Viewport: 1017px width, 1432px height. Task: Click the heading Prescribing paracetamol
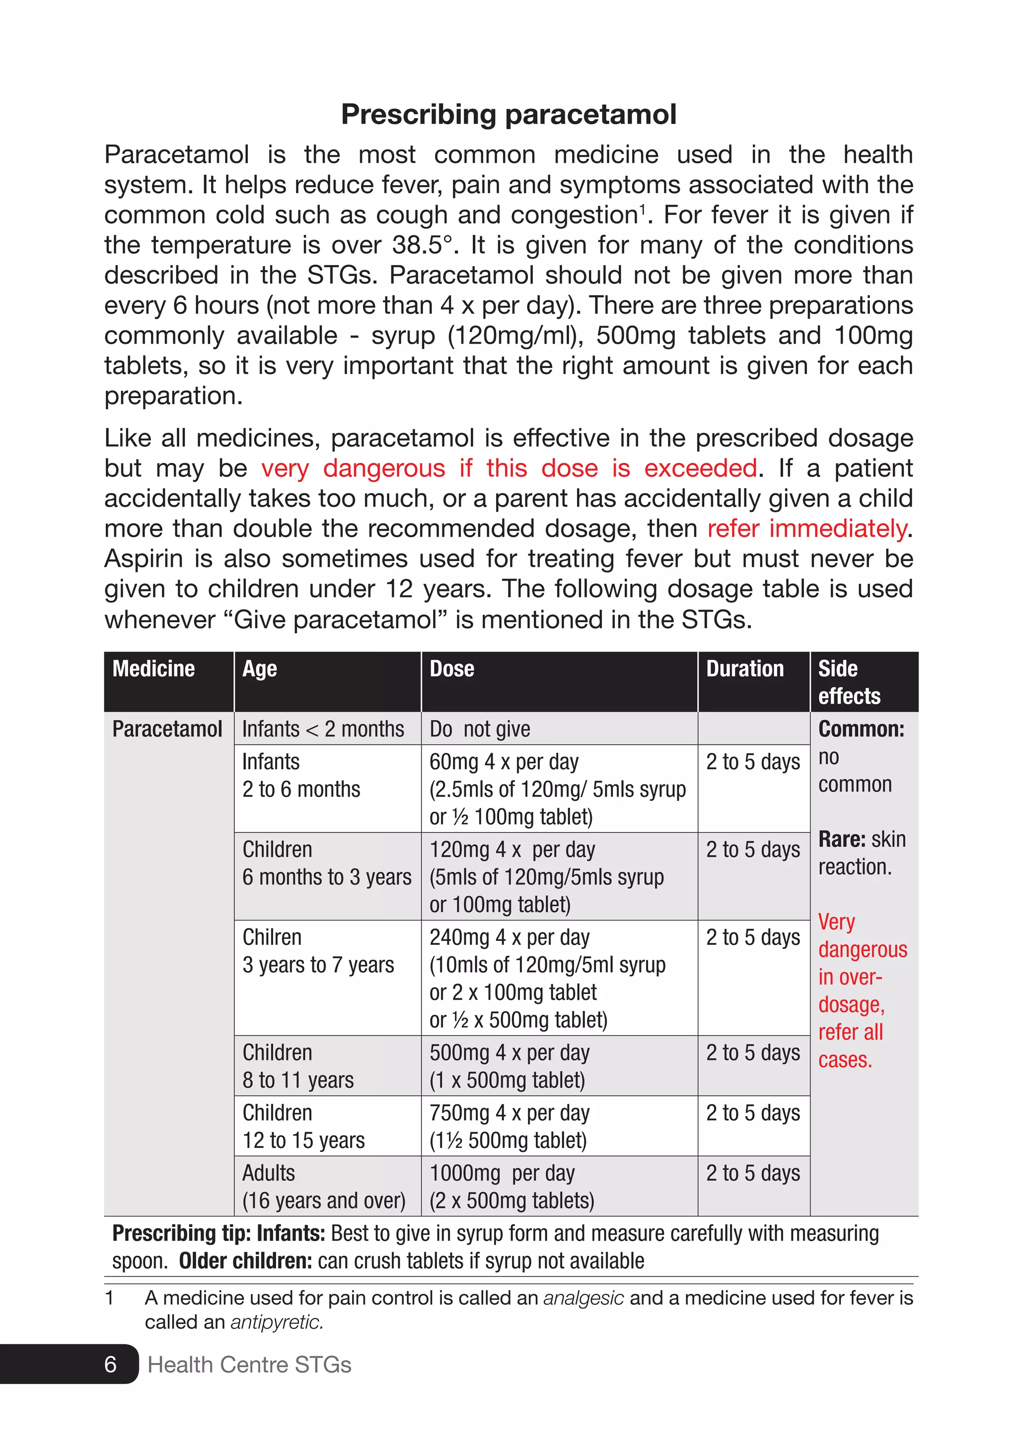click(x=508, y=115)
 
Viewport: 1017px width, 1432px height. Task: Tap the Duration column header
click(x=744, y=669)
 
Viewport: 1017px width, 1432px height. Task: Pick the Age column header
click(x=259, y=669)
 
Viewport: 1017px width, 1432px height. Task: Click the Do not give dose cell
click(x=480, y=729)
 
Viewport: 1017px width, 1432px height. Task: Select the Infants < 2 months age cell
click(x=323, y=729)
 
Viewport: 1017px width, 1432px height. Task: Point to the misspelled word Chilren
click(x=272, y=937)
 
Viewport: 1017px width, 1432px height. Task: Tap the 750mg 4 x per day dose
click(x=509, y=1113)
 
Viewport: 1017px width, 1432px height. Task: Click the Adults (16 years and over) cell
click(x=324, y=1187)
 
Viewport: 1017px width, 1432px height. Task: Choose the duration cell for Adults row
click(x=753, y=1173)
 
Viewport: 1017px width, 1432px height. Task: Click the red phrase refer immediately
click(x=806, y=528)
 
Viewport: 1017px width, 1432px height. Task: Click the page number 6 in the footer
click(x=110, y=1364)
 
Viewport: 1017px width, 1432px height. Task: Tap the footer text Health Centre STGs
click(x=249, y=1364)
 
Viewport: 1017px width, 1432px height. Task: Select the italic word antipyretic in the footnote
click(x=277, y=1322)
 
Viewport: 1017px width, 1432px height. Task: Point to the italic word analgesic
click(x=583, y=1298)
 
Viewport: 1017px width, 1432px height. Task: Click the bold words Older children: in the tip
click(x=245, y=1260)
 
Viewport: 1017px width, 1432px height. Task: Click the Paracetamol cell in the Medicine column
click(x=167, y=729)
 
